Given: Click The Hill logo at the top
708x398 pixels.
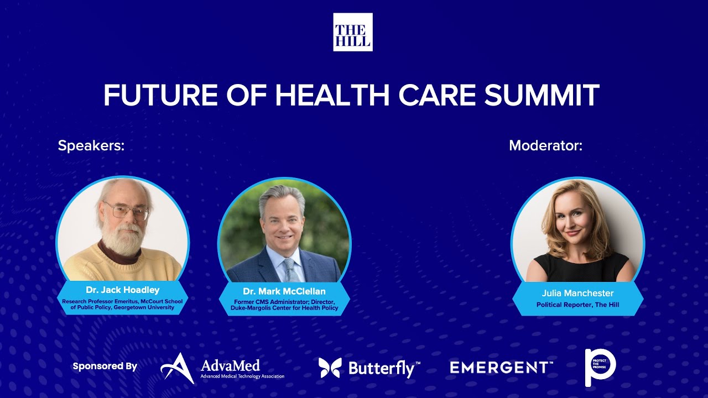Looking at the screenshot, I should (x=352, y=32).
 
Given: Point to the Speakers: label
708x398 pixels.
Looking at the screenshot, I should (x=91, y=146).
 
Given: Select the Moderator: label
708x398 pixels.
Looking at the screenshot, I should (x=545, y=146).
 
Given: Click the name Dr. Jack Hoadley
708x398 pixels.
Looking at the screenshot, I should (x=122, y=290).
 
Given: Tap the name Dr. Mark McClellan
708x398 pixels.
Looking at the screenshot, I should (x=284, y=291).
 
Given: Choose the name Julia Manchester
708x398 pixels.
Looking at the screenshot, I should (x=577, y=293).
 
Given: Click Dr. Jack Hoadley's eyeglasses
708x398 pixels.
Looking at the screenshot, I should (x=127, y=211).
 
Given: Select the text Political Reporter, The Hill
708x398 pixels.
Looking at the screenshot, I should (x=577, y=305).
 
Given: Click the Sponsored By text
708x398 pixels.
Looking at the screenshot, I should (x=105, y=366).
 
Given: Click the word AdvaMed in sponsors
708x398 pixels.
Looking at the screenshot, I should (x=230, y=365).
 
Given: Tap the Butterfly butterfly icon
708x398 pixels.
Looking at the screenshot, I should (x=330, y=368).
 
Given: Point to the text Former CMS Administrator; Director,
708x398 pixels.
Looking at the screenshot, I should (x=284, y=301).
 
